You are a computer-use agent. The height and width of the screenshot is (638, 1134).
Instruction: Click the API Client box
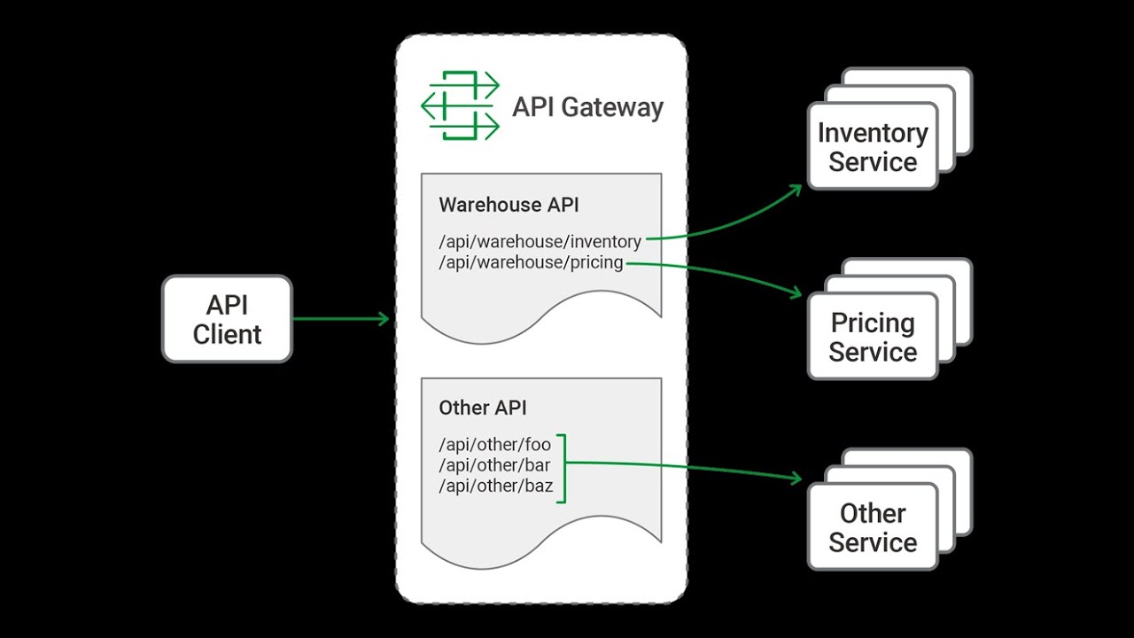pos(227,319)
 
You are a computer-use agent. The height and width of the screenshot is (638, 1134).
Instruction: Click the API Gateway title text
pos(587,107)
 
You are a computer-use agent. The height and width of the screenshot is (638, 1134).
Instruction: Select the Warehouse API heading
pos(509,205)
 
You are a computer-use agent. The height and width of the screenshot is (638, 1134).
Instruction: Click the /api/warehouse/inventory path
pos(540,241)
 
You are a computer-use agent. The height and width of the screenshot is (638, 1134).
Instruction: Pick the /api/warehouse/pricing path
pos(531,263)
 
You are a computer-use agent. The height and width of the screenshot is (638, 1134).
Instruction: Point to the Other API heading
pos(483,408)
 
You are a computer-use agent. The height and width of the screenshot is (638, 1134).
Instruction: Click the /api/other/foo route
pos(494,445)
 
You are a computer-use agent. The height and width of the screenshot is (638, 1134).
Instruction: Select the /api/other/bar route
pos(494,465)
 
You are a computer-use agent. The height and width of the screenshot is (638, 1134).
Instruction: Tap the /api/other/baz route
pos(495,486)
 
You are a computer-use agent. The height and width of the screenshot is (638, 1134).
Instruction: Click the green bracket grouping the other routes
pos(562,465)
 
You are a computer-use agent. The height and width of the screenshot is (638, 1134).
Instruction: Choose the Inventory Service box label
pos(873,147)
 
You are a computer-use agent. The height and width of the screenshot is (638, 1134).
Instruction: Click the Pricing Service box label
pos(873,337)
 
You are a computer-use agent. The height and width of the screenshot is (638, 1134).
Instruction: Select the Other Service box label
pos(873,527)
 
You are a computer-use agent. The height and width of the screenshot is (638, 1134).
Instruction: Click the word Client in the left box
pos(228,334)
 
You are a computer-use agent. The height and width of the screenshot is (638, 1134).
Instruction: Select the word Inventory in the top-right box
pos(873,133)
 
